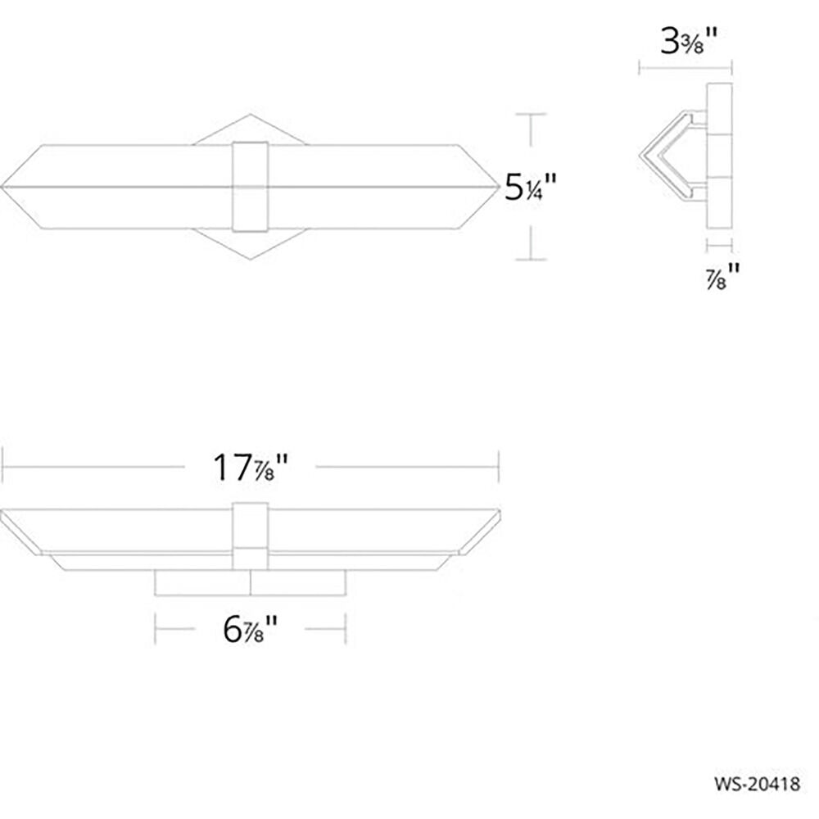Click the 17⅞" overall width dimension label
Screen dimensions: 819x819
(x=251, y=468)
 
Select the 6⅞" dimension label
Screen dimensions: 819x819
(x=250, y=629)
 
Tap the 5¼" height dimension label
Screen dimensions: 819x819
(x=530, y=187)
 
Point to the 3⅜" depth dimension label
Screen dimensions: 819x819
(x=689, y=41)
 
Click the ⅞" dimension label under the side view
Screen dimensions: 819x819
(x=723, y=276)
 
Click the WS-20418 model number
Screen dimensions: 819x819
(x=757, y=784)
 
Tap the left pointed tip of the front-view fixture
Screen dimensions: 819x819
(x=2, y=187)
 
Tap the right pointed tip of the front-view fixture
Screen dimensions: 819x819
(x=500, y=187)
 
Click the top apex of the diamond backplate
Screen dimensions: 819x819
(x=250, y=115)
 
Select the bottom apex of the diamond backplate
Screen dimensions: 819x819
(x=250, y=259)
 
